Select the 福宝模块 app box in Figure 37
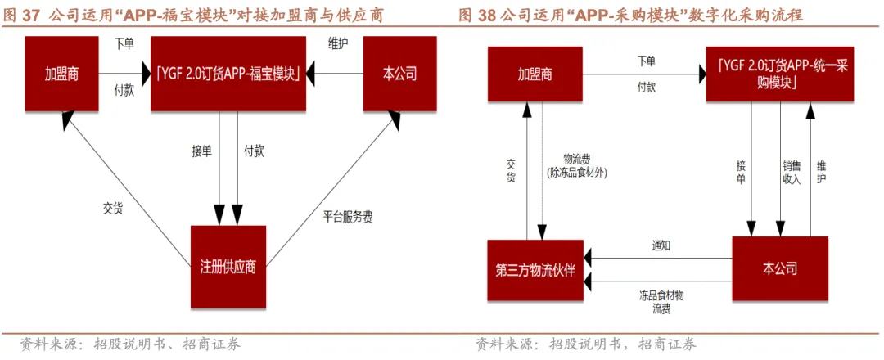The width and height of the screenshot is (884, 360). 228,74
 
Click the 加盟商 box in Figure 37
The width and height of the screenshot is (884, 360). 61,74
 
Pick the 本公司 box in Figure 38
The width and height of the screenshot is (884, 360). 779,268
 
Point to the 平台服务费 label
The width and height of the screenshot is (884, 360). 348,218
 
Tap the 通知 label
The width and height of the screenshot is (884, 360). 661,245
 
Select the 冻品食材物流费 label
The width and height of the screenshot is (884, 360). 661,302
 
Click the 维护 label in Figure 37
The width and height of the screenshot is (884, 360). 336,43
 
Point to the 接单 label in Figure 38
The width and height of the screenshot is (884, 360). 741,173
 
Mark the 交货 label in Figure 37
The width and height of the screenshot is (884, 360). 112,208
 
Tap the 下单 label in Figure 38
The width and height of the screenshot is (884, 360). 647,61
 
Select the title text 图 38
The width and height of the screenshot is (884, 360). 476,15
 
